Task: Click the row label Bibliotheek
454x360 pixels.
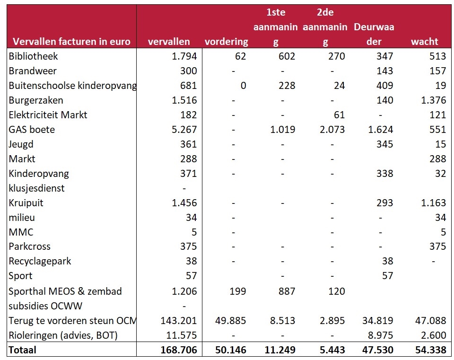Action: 34,56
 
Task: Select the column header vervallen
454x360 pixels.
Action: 169,42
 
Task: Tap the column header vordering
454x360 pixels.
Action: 226,42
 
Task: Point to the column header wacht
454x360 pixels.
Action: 424,42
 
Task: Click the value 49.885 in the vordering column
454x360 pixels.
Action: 230,321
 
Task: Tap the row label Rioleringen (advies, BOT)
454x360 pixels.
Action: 63,335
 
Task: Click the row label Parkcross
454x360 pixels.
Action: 30,246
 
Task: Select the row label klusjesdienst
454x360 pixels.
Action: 37,188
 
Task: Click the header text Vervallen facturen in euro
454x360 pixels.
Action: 71,42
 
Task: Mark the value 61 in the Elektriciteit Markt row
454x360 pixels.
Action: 339,115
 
